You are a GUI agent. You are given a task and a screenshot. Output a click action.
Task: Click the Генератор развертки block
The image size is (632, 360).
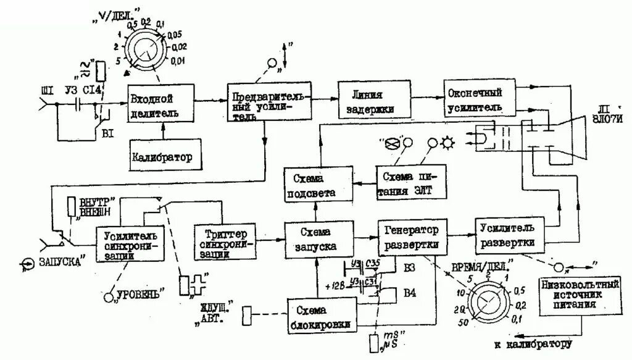412,238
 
